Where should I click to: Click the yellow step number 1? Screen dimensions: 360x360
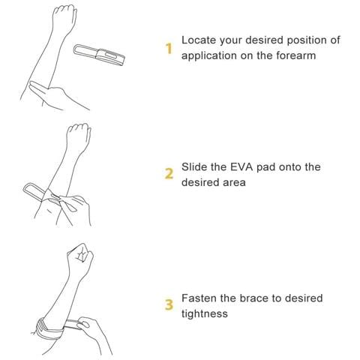[x=169, y=49]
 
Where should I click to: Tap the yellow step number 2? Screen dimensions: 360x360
[x=169, y=174]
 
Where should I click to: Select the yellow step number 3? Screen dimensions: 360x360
[x=169, y=305]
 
